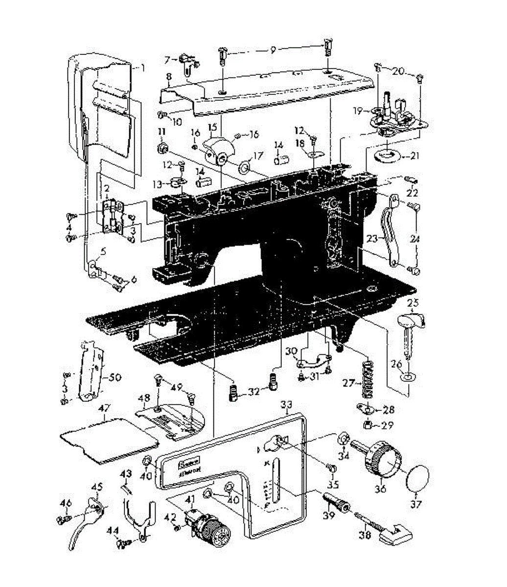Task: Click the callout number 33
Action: (287, 405)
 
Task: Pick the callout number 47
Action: (104, 407)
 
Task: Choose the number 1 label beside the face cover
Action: (142, 69)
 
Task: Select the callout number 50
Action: (115, 378)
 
